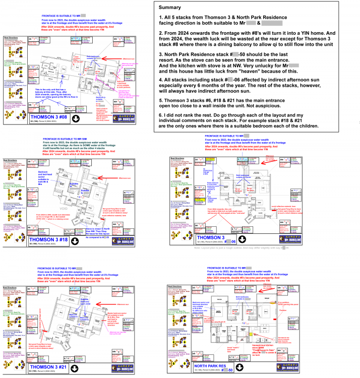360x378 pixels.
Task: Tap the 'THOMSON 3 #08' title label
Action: click(49, 117)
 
